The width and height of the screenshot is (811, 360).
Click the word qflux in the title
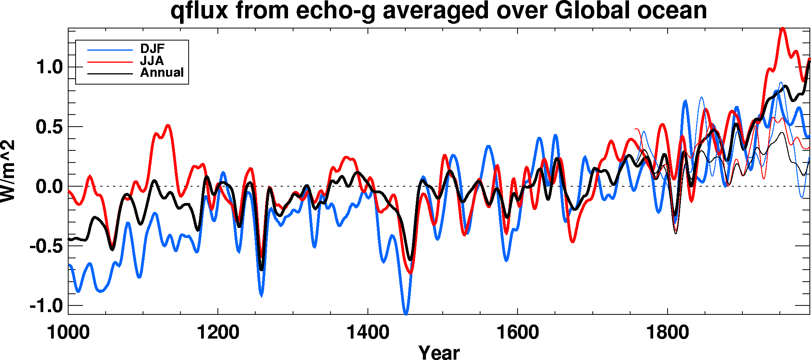[x=199, y=11]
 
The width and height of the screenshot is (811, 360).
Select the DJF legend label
[x=152, y=49]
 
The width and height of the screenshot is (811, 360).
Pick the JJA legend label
[x=152, y=61]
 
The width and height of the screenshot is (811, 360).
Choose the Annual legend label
[x=162, y=73]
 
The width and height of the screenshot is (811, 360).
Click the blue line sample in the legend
[x=110, y=50]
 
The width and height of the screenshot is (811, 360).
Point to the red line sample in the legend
[x=110, y=62]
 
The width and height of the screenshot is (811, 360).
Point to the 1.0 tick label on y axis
[x=49, y=67]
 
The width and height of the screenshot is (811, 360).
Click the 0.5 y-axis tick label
[x=49, y=127]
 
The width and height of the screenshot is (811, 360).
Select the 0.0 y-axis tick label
[x=49, y=187]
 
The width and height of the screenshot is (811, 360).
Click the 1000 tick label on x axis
[x=68, y=332]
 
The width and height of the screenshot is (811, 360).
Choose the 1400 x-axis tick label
[x=368, y=332]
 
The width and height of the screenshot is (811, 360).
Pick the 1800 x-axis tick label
[x=667, y=332]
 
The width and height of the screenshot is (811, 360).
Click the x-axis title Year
[x=439, y=352]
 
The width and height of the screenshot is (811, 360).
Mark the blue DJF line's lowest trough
[x=406, y=313]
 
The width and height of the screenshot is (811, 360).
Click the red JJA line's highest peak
[x=782, y=29]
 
